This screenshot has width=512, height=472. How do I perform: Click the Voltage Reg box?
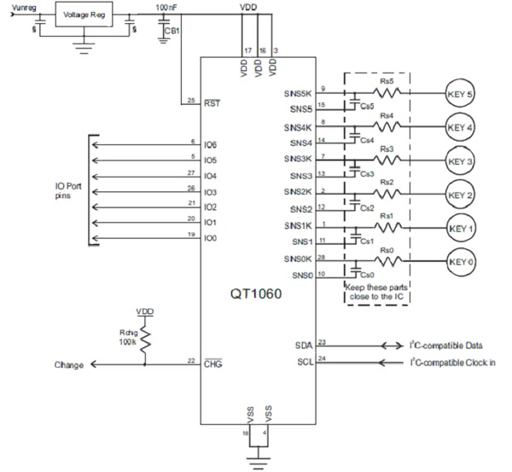[83, 15]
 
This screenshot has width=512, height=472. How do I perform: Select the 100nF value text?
[167, 7]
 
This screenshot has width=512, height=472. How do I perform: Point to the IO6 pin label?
[212, 146]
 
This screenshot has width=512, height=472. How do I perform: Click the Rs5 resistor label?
[387, 81]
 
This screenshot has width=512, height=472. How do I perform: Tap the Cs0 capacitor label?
[369, 276]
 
